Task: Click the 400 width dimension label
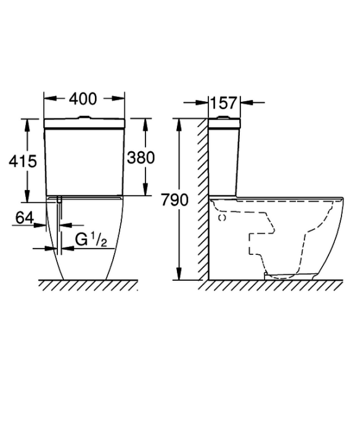click(83, 99)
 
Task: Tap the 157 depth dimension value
click(224, 103)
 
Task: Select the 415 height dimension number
click(23, 162)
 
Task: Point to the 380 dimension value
click(141, 158)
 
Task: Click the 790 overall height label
click(174, 200)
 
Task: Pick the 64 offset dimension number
click(25, 218)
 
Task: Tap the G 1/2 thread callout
click(91, 239)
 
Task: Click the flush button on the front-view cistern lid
click(84, 118)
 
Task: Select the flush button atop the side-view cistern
click(224, 118)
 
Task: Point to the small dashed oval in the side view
click(222, 218)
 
